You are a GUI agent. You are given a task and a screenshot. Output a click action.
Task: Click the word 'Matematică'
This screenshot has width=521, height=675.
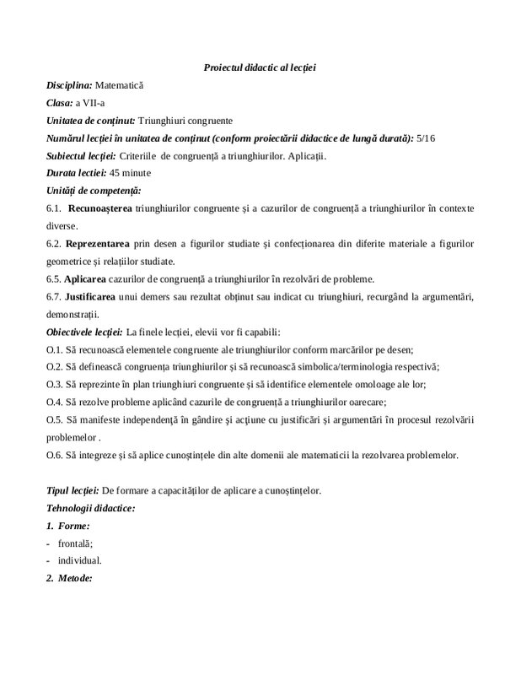[x=121, y=85]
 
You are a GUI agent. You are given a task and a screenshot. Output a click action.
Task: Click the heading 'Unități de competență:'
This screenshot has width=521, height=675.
[x=94, y=191]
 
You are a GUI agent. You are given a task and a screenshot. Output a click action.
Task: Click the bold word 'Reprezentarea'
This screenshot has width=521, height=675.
[x=99, y=244]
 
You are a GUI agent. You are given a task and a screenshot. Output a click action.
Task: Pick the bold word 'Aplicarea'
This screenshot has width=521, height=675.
[x=88, y=278]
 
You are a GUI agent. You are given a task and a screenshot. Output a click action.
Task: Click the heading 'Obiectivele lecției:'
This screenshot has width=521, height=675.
[x=84, y=332]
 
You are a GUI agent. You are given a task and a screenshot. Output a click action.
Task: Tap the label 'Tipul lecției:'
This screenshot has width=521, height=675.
[x=73, y=490]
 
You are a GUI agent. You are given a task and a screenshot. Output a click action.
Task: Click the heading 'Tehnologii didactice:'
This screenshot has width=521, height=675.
[x=90, y=508]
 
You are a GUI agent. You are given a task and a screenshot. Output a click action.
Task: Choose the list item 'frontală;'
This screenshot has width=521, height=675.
[x=76, y=543]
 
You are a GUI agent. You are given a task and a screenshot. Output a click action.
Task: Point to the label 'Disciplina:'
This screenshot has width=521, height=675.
[x=69, y=85]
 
